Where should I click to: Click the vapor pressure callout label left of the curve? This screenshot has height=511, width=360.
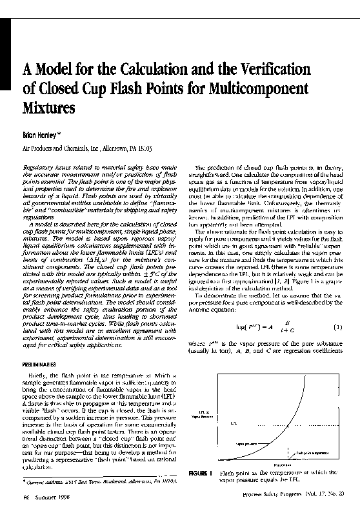(x=226, y=444)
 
